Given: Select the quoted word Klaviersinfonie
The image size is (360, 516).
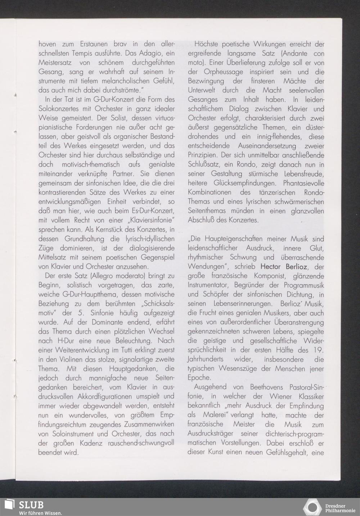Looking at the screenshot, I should [x=148, y=220].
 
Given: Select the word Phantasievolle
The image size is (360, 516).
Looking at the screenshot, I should [x=303, y=183].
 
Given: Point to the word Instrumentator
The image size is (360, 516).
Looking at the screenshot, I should [x=210, y=285].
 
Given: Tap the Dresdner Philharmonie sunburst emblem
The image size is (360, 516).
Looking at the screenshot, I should [x=312, y=507].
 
